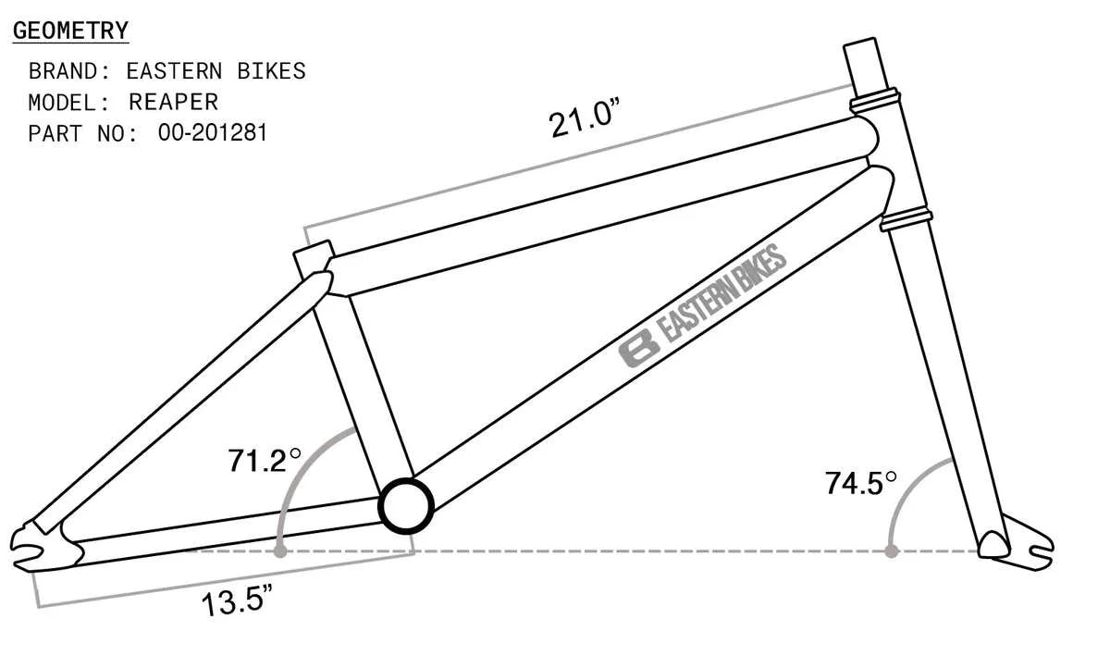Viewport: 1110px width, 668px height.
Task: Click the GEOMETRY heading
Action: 70,31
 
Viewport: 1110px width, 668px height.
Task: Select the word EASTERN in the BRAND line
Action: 175,71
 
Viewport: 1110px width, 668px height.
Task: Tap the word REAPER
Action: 174,102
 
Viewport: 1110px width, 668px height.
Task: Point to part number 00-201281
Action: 213,132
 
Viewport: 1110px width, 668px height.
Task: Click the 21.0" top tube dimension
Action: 584,118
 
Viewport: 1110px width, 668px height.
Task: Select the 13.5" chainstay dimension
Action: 237,600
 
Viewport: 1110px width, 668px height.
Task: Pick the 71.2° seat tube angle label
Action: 265,461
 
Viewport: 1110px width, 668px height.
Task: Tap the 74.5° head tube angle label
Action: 861,483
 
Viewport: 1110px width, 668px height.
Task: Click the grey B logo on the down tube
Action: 639,348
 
